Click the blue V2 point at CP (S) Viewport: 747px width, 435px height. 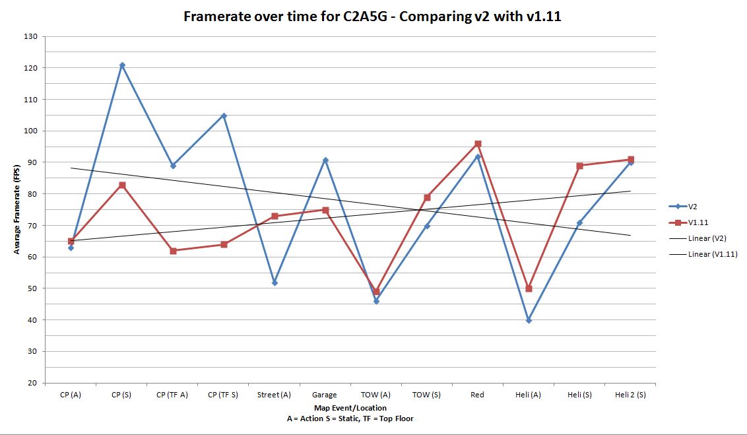[122, 65]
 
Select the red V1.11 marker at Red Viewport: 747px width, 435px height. [478, 144]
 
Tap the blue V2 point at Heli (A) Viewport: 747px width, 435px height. [529, 320]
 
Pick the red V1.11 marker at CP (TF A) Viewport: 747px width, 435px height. [173, 251]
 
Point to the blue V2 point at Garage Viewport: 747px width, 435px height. [325, 160]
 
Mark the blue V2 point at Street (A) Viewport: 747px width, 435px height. [275, 283]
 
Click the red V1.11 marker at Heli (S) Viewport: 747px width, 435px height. [579, 166]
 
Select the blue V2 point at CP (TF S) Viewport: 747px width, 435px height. [224, 116]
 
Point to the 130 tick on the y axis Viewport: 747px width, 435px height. [30, 36]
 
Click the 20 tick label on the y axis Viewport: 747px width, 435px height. [30, 383]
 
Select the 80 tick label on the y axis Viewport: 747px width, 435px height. [30, 194]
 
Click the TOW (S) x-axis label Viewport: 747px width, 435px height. [426, 395]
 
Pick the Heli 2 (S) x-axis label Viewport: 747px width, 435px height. [630, 395]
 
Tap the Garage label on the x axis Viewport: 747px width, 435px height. [325, 395]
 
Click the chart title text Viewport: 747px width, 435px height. [372, 17]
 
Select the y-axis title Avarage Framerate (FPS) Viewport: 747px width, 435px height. [16, 209]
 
